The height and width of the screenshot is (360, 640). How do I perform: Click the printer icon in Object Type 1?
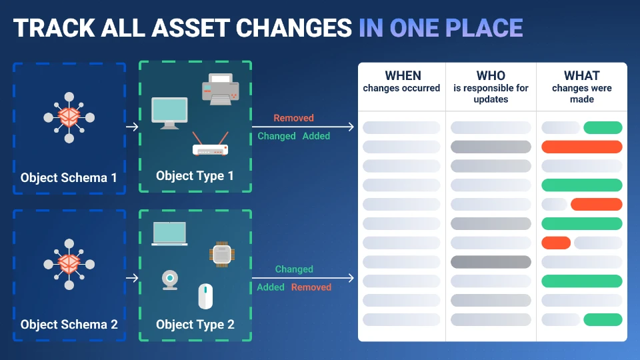tap(221, 89)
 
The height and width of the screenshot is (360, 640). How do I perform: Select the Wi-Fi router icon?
tap(210, 144)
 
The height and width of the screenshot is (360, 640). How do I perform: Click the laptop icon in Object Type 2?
tap(169, 234)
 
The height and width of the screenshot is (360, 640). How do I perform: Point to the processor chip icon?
tap(221, 254)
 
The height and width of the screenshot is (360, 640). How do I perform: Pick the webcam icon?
tap(170, 280)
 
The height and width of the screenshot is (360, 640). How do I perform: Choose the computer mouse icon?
tap(205, 296)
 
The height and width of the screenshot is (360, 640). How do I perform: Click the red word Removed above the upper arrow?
tap(293, 118)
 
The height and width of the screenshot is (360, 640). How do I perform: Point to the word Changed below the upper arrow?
tap(276, 136)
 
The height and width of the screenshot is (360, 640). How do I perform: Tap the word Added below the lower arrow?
tap(271, 287)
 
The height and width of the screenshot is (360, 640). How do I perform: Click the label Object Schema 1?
tap(69, 177)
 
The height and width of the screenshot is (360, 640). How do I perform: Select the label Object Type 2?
tap(195, 325)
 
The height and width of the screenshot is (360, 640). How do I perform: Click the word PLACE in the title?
tap(484, 28)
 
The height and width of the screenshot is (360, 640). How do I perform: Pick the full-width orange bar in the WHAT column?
tap(581, 147)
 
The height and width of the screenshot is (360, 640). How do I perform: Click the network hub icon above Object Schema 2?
tap(69, 264)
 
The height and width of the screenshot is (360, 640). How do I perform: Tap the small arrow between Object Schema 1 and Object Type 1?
tap(132, 127)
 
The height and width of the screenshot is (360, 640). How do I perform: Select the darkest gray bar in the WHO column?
tap(491, 262)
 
